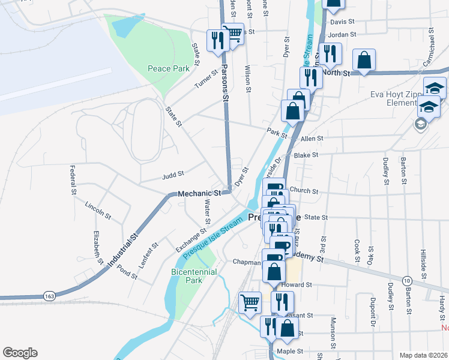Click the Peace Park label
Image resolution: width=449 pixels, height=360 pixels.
[x=169, y=68]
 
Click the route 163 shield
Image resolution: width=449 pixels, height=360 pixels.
[x=49, y=296]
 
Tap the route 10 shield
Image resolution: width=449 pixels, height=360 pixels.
[x=406, y=281]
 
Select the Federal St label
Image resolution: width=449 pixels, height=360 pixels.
[x=72, y=180]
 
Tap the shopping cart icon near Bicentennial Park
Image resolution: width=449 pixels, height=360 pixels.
[x=250, y=302]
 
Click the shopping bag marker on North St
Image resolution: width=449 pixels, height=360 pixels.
[x=364, y=60]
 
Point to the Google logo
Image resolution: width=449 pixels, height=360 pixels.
[x=20, y=353]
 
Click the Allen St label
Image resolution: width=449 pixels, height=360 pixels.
[x=312, y=138]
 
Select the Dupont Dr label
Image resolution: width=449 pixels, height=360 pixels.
[x=373, y=307]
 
